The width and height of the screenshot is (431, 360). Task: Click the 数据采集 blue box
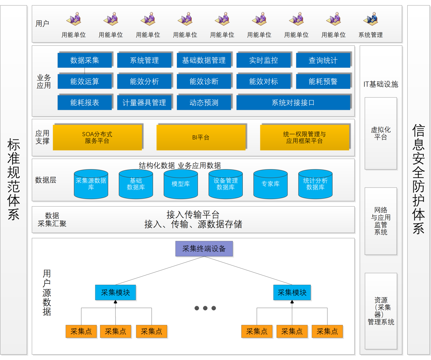(84, 60)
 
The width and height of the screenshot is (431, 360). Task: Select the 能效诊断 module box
(204, 81)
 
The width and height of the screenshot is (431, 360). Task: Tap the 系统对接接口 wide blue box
(293, 102)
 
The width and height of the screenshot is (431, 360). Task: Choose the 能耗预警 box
(323, 81)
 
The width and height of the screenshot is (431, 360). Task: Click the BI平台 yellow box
(201, 137)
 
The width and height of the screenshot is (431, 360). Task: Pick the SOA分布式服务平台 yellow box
(97, 137)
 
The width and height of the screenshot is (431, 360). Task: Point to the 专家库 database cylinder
(270, 184)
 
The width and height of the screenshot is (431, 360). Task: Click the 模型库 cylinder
(180, 184)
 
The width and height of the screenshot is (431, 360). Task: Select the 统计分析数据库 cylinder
(315, 184)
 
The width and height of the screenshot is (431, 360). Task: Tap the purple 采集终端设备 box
(204, 249)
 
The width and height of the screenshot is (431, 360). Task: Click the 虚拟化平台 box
(381, 133)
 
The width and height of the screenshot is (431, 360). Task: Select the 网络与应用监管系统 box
(381, 221)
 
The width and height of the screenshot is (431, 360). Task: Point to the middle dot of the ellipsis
(205, 308)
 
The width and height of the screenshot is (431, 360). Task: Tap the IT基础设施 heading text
(381, 84)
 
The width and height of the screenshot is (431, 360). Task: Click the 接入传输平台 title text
(193, 214)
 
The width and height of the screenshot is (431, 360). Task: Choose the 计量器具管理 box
(144, 102)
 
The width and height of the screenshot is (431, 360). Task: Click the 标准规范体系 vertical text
(14, 180)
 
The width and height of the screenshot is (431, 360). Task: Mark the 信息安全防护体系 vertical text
(419, 180)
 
